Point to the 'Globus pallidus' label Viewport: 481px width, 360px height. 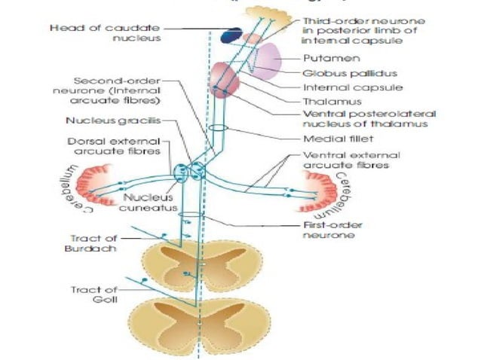click(x=340, y=73)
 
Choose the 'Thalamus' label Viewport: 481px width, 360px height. click(x=326, y=101)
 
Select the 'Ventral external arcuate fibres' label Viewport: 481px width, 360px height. click(x=342, y=159)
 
